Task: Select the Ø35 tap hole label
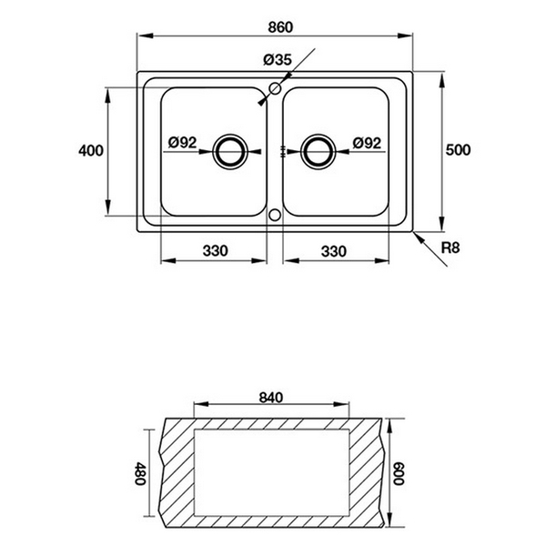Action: [277, 60]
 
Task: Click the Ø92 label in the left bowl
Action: [183, 142]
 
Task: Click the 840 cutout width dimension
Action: [273, 397]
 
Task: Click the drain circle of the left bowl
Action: [228, 152]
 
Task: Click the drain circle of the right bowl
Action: [319, 152]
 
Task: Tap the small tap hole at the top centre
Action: [273, 89]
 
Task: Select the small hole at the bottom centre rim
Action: [275, 216]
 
